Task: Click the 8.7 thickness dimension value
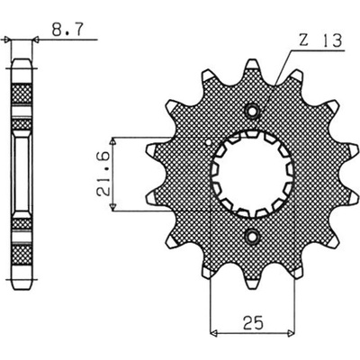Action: [x=67, y=30]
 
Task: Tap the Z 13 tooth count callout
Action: [x=319, y=40]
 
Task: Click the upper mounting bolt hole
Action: [x=252, y=112]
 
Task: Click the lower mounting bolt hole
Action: [x=252, y=237]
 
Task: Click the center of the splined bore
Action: [x=252, y=175]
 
